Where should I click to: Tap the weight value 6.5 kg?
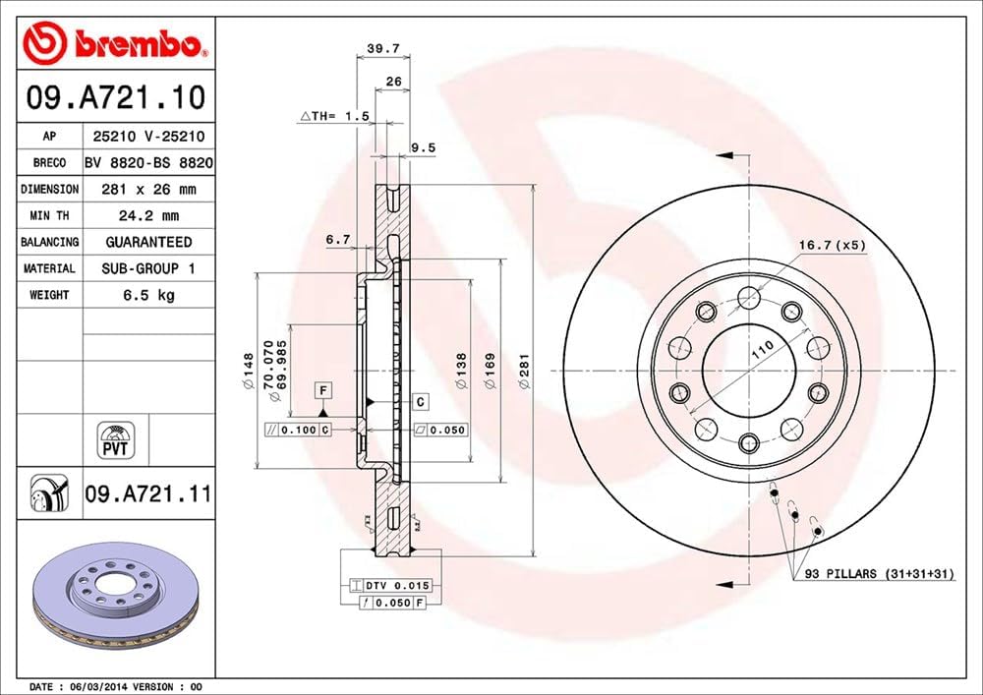coord(148,295)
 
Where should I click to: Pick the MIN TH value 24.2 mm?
coord(148,215)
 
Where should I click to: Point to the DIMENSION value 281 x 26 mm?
coord(148,189)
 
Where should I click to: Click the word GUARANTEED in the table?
coord(148,242)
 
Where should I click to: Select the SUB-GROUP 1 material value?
coord(148,268)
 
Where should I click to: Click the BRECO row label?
coord(49,162)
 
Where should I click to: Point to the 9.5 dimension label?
coord(423,147)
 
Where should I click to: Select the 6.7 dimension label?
coord(338,239)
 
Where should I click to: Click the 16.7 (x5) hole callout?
coord(832,245)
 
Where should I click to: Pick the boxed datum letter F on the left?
coord(321,390)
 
